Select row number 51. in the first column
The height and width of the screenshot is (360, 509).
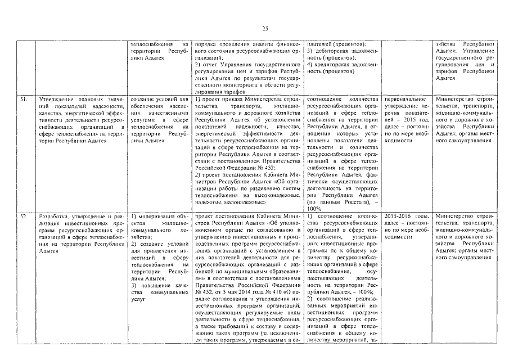(x=24, y=100)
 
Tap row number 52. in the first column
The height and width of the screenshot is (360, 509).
(x=24, y=216)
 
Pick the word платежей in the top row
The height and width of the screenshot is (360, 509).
(x=321, y=43)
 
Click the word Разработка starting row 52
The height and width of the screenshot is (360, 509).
(x=52, y=216)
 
